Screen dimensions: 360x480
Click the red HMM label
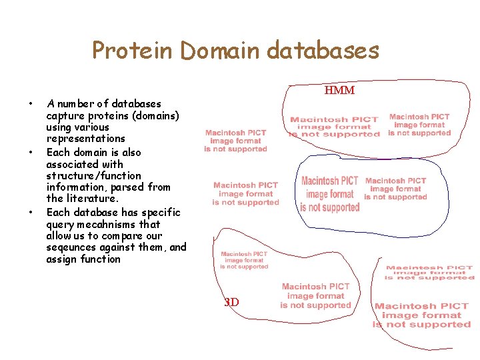click(x=339, y=91)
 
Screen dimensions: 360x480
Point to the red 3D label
click(x=231, y=302)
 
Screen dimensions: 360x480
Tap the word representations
click(x=85, y=139)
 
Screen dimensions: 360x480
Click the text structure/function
click(x=93, y=176)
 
